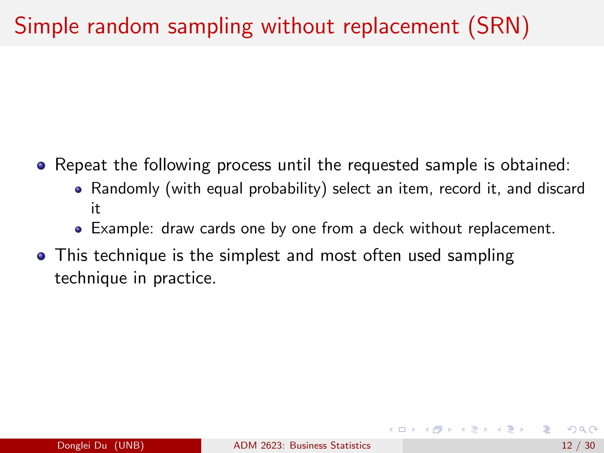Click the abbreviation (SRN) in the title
point(499,27)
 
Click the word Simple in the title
point(47,27)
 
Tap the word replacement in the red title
point(401,27)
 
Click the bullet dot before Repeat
point(41,165)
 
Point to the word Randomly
point(125,189)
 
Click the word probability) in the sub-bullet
point(288,189)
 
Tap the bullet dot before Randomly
point(78,190)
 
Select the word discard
point(561,189)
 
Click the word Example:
point(122,229)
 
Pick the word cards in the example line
point(217,229)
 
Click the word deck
point(388,229)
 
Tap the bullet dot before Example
point(78,229)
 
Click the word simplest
point(250,255)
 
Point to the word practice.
point(184,278)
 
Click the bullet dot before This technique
point(41,256)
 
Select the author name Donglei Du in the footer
point(82,445)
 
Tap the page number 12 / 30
point(578,445)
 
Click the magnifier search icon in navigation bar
point(582,430)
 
